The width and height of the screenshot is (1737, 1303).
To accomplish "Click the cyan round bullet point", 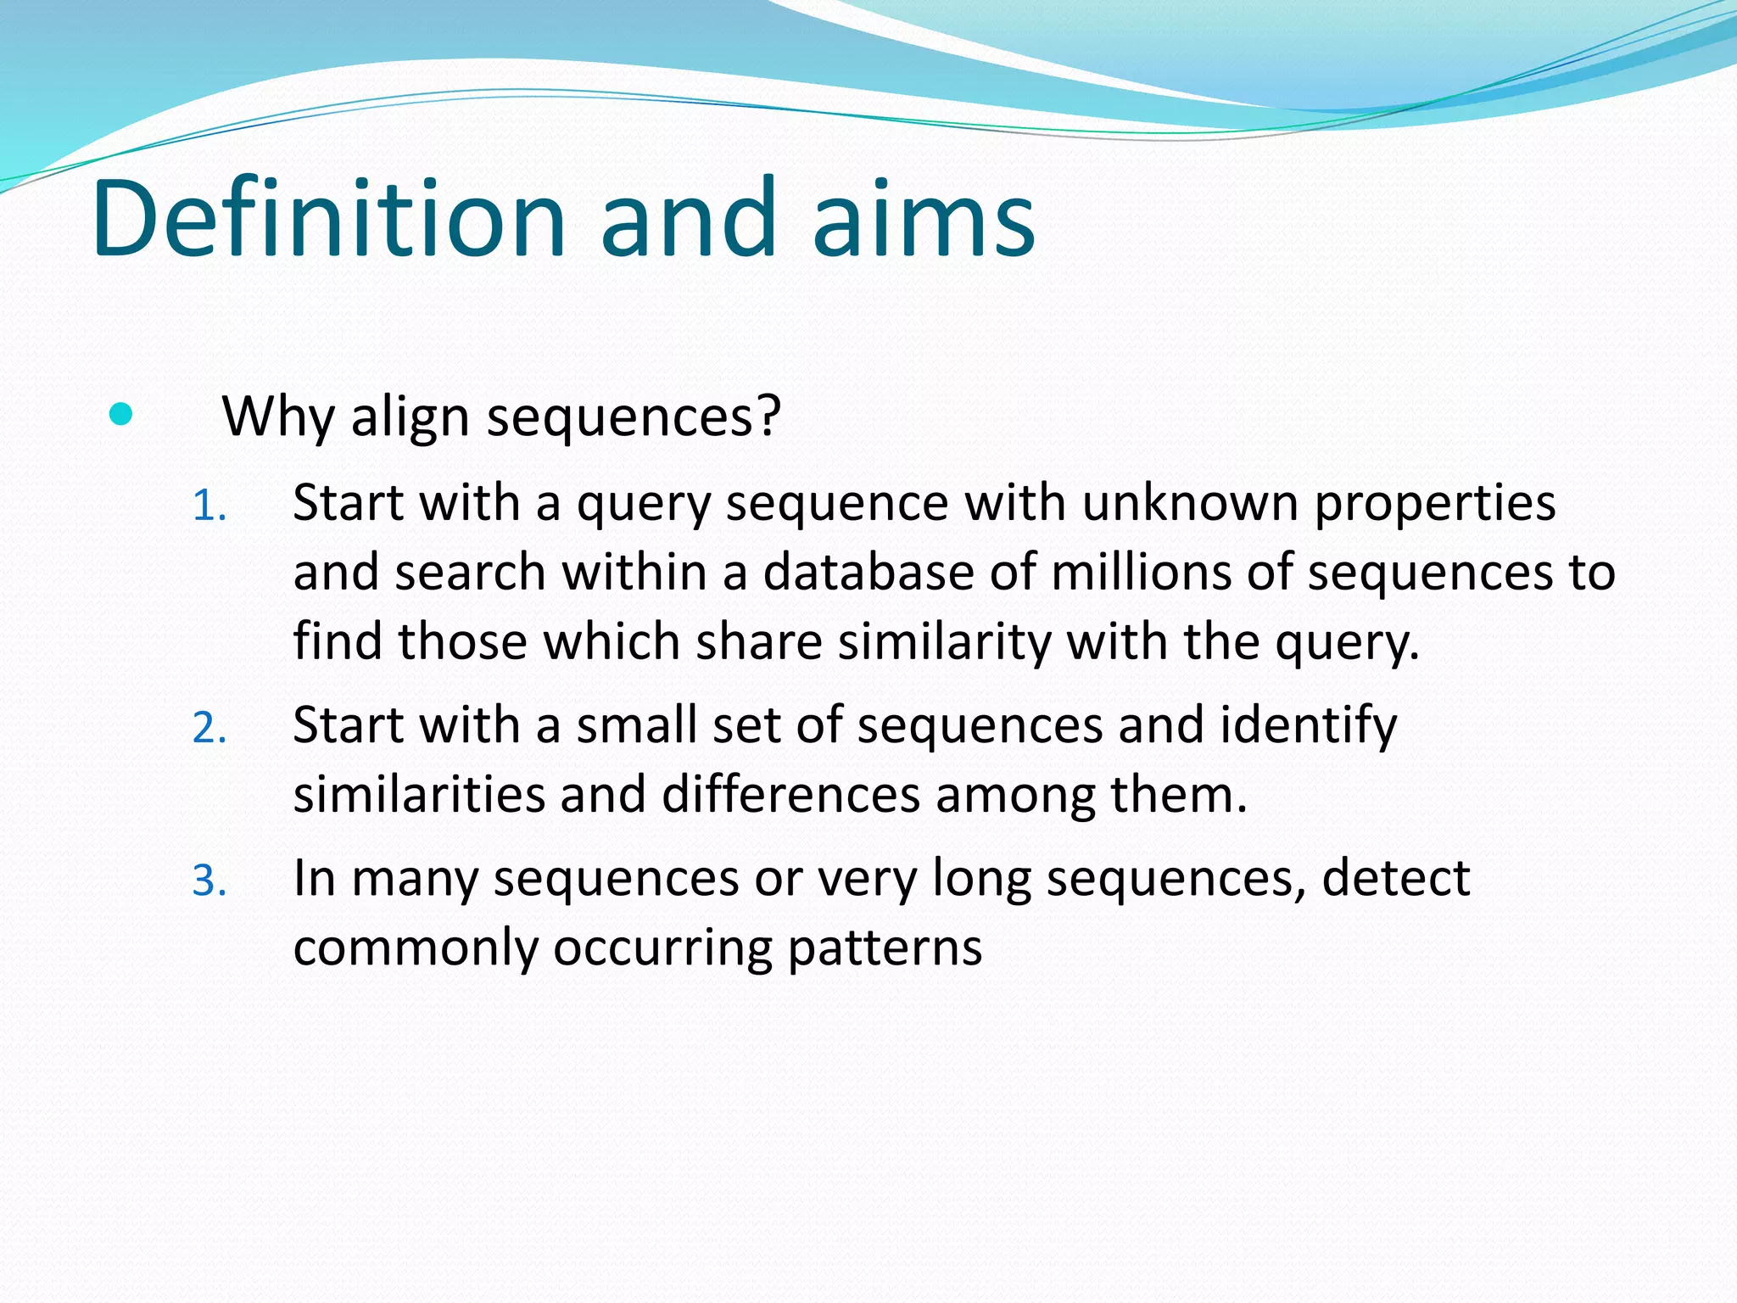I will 121,415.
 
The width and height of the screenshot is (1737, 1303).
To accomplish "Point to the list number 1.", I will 209,506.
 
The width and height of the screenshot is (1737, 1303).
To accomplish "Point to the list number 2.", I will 209,729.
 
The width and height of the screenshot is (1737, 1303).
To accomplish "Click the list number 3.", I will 209,881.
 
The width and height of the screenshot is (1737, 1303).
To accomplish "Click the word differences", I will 790,795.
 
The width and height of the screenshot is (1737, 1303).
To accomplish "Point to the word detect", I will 1395,878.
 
